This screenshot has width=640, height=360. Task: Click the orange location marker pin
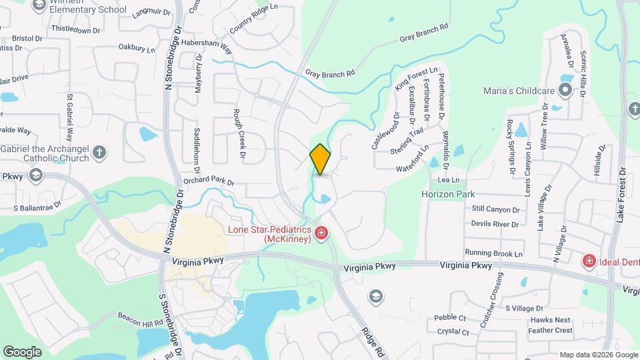click(320, 159)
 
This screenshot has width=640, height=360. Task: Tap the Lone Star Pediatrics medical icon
click(321, 233)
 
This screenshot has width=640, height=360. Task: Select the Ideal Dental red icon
click(589, 261)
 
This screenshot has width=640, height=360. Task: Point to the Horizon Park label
click(448, 194)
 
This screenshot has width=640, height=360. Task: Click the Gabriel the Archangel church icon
click(99, 153)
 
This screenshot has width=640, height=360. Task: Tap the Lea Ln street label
click(449, 180)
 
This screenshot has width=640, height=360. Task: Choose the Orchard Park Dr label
click(209, 181)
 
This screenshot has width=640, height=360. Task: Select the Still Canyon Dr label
click(495, 209)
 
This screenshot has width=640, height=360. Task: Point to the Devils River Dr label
click(494, 224)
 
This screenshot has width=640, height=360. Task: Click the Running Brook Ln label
click(494, 253)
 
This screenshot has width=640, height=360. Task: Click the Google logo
click(22, 351)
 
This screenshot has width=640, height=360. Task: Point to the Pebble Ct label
click(449, 318)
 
